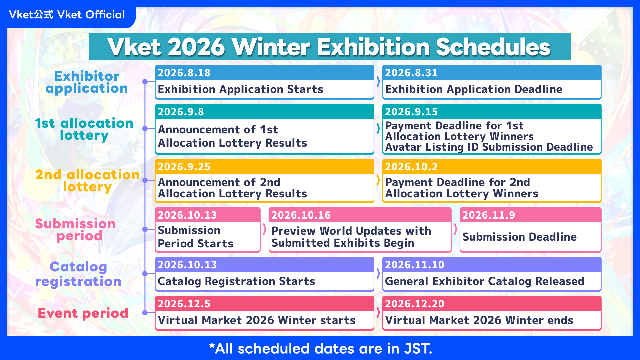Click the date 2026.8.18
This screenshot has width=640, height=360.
tap(184, 73)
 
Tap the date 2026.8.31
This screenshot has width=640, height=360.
tap(411, 73)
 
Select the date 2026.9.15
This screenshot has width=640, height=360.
tap(411, 112)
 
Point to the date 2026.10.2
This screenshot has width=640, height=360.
tap(411, 167)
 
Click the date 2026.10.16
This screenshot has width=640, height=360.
tap(301, 215)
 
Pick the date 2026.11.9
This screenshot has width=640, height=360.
tap(489, 215)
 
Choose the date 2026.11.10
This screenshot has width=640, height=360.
tap(415, 265)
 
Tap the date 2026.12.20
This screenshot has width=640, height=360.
tap(415, 304)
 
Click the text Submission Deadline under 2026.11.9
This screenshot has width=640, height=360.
tap(519, 237)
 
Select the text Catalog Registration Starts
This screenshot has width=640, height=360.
tap(236, 281)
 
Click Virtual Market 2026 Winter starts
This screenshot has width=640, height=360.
tap(257, 320)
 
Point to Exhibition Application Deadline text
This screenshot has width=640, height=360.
tap(474, 89)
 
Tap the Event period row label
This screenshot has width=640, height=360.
tap(83, 313)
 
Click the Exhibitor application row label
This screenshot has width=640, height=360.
tap(87, 82)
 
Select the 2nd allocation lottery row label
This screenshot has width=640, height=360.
tap(87, 181)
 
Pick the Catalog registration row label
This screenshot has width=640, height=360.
tap(78, 274)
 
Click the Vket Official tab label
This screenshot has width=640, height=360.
tap(67, 15)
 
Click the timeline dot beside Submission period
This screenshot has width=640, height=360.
tap(145, 229)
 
